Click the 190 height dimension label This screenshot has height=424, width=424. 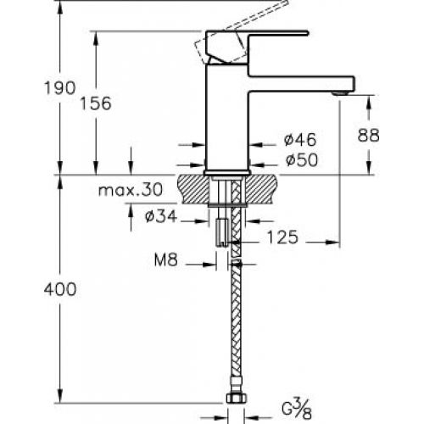point(60,87)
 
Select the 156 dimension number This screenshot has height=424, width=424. point(96,103)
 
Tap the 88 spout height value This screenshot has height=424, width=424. point(368,135)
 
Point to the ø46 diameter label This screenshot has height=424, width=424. point(300,140)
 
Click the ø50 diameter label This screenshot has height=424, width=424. point(302,160)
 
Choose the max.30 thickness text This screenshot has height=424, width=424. point(131,190)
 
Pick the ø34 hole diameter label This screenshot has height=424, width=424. point(161,217)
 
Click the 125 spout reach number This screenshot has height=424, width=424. point(282,237)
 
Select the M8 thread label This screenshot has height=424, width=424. point(166,259)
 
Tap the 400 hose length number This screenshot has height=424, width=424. point(60,289)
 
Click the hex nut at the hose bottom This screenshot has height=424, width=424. point(237,398)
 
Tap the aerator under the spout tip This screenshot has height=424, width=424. point(340,93)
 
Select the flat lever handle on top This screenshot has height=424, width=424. point(278,33)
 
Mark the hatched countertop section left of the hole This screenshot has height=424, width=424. point(194,189)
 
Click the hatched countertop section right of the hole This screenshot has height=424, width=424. point(261,189)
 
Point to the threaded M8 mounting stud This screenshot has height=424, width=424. point(222,232)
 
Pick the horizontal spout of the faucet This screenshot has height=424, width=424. point(301,83)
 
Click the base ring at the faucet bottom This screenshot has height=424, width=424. point(227,173)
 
